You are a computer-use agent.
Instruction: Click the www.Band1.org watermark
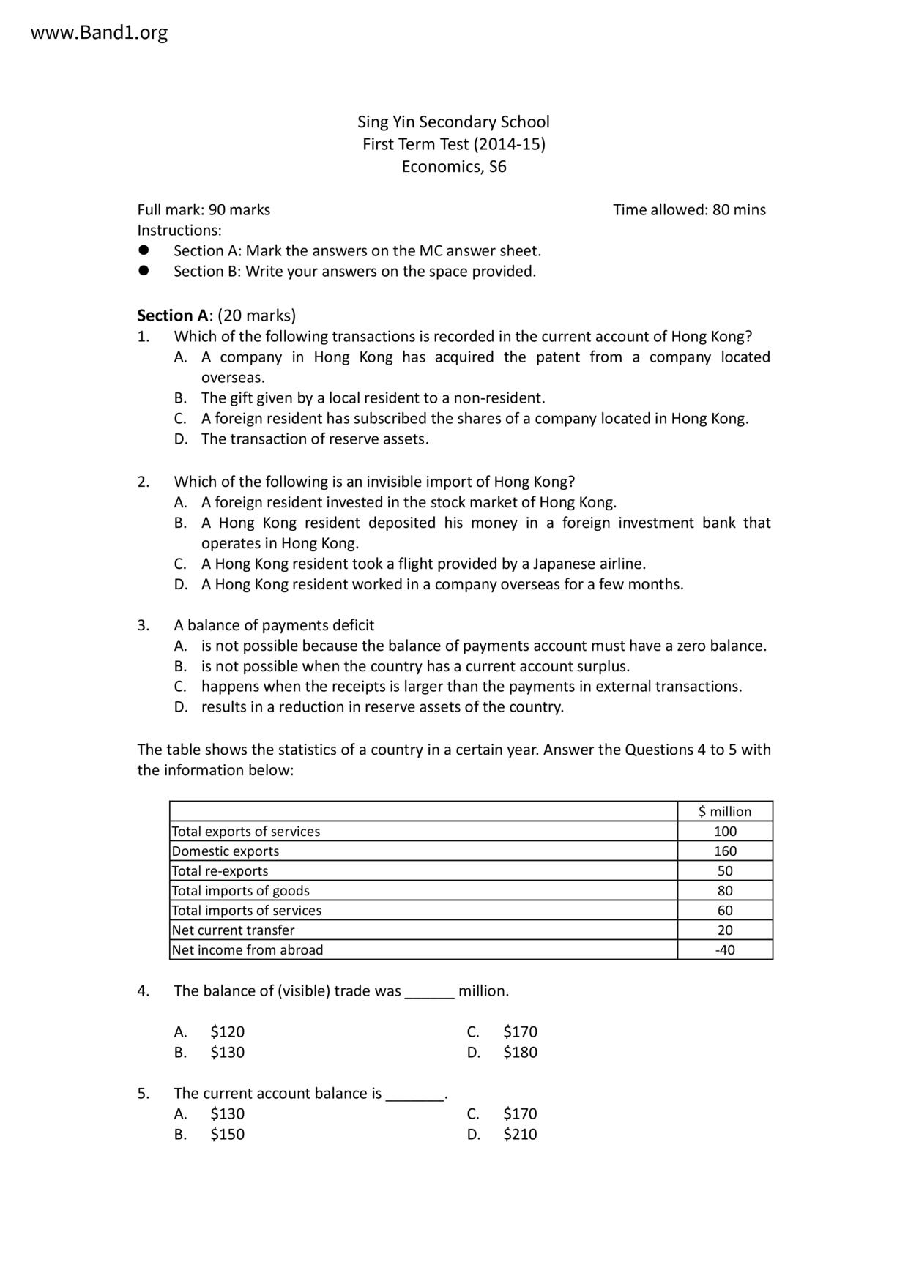pos(99,33)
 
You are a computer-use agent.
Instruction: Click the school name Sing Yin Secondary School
pos(453,122)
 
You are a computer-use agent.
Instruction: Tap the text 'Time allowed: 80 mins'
pos(689,210)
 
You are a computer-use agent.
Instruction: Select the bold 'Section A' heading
pos(173,316)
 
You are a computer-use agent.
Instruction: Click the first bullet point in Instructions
pos(144,250)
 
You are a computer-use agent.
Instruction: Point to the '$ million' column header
pos(724,811)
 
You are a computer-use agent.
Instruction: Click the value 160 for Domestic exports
pos(725,851)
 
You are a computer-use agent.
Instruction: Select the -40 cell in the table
pos(725,950)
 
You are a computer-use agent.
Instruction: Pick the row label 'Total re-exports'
pos(220,871)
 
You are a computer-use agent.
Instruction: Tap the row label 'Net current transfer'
pos(233,930)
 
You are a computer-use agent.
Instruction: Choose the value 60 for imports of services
pos(725,911)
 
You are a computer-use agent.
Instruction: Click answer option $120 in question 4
pos(227,1032)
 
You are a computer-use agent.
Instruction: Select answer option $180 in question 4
pos(520,1053)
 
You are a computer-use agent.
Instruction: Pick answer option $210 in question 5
pos(520,1135)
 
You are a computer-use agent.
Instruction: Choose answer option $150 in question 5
pos(227,1135)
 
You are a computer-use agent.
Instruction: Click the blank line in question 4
pos(430,994)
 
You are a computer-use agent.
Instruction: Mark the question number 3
pos(143,626)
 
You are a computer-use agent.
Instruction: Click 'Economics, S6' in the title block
pos(453,167)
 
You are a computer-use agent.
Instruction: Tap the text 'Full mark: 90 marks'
pos(204,210)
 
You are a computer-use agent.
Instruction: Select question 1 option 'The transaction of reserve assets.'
pos(315,439)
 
